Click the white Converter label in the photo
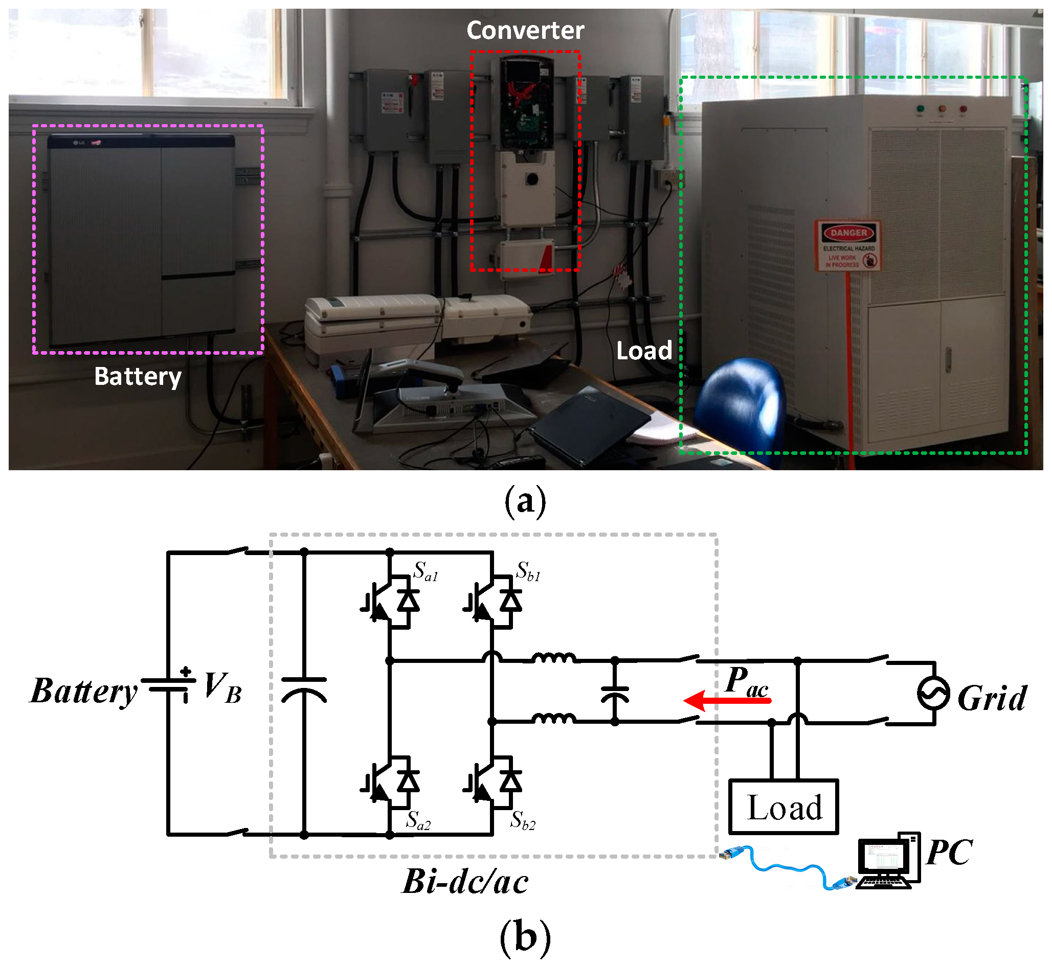tap(525, 30)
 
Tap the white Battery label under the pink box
tap(138, 376)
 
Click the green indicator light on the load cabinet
tap(920, 109)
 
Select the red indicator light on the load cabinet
tap(963, 109)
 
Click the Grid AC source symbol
tap(933, 693)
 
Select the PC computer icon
tap(888, 860)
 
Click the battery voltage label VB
tap(222, 687)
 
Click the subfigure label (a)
tap(525, 501)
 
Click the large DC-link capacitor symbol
tap(304, 689)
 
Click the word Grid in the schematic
tap(992, 698)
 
